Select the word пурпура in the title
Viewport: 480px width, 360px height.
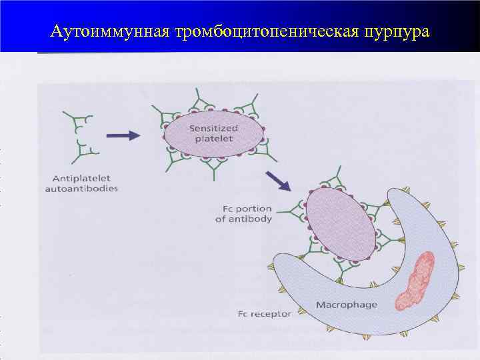[396, 31]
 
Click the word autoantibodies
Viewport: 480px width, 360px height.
[81, 189]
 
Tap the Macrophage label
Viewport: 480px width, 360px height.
[346, 305]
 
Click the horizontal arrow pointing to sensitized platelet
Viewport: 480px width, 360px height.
[123, 135]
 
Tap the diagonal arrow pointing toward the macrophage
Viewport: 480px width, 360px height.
[279, 182]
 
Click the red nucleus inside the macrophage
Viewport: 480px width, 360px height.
[415, 281]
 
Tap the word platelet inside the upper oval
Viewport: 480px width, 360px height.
[213, 139]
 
